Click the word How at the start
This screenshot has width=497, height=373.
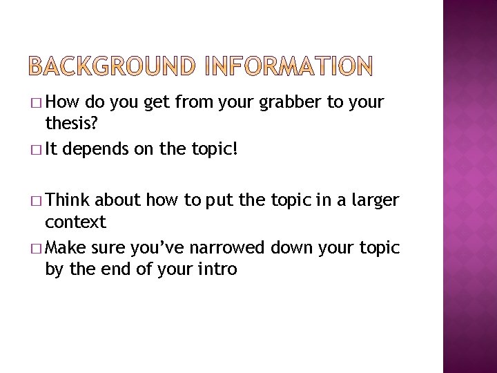pos(69,103)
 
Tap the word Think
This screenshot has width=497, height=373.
pos(72,201)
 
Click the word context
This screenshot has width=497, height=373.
pos(76,222)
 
